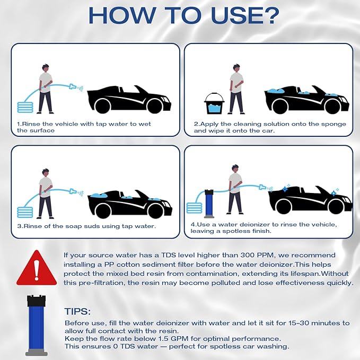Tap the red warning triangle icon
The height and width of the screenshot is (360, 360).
[37, 268]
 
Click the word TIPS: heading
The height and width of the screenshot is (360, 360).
[77, 312]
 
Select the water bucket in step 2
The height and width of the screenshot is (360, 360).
[214, 103]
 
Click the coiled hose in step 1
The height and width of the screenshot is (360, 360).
[25, 107]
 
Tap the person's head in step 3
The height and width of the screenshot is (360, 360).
[46, 172]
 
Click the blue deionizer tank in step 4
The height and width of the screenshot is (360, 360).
[209, 204]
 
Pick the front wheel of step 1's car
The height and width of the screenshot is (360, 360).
[155, 106]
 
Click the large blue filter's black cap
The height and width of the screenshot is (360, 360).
[36, 301]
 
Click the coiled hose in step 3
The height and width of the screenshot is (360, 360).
[25, 212]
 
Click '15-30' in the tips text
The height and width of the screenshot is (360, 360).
[299, 323]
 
